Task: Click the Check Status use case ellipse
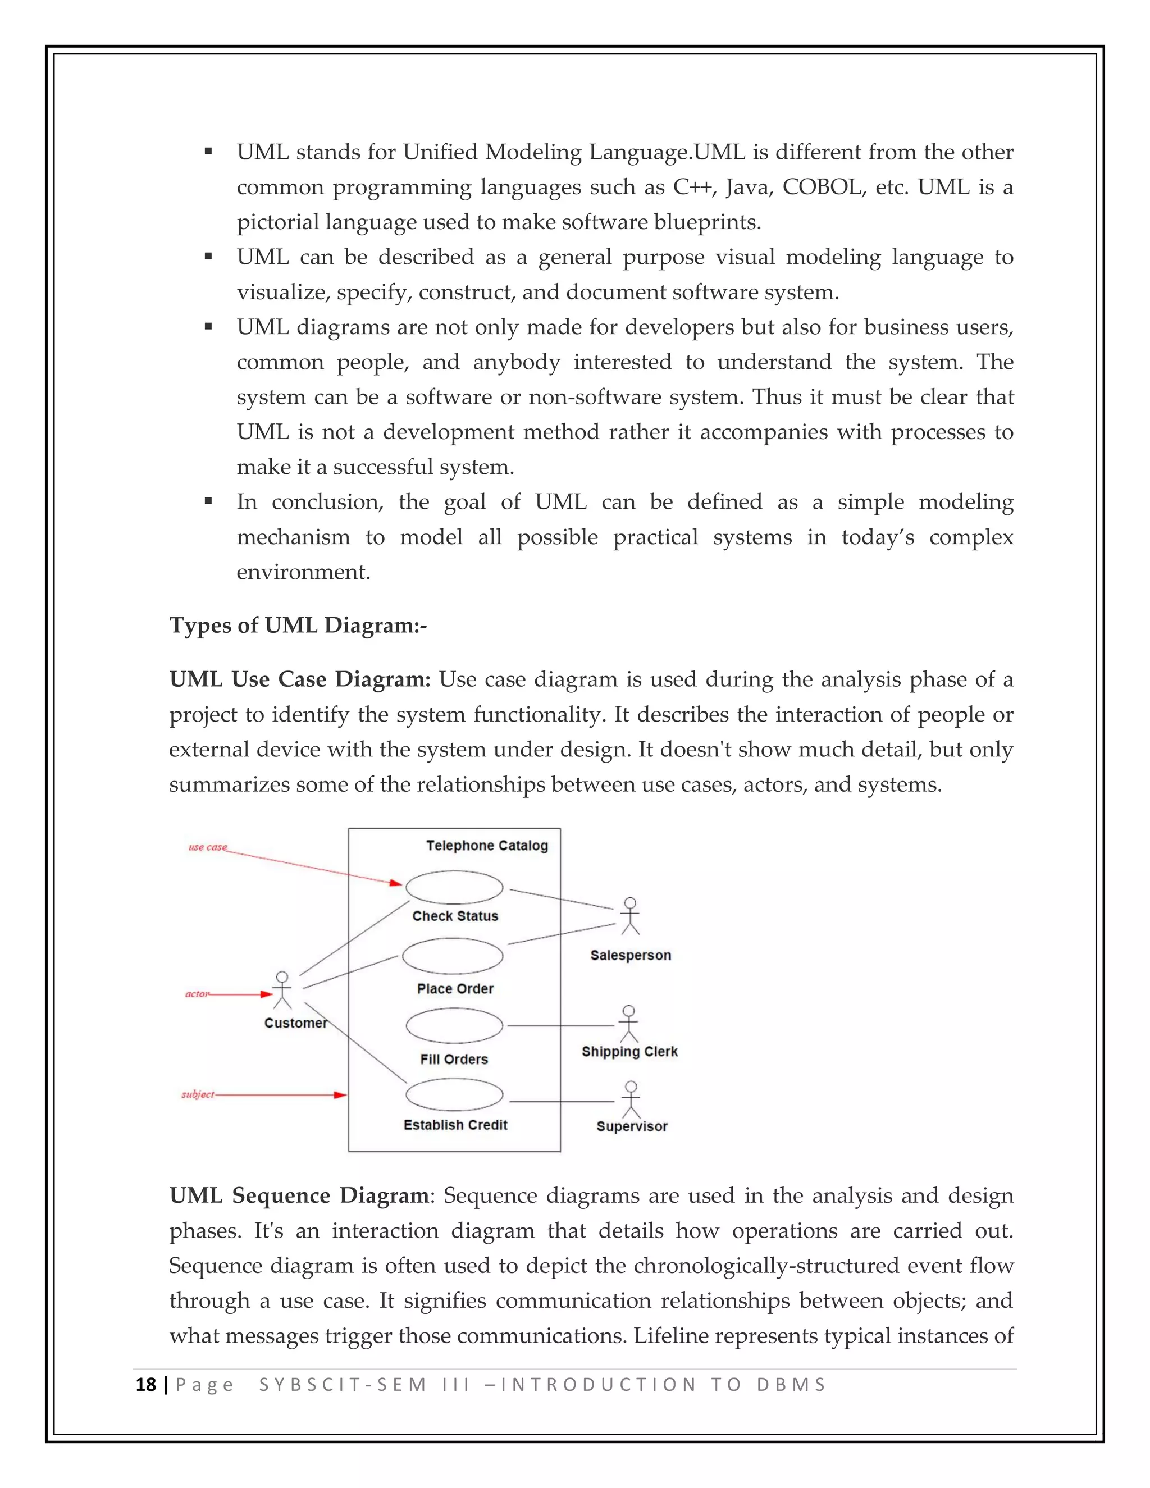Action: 454,887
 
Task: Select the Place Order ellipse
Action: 453,956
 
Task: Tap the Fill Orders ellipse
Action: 454,1026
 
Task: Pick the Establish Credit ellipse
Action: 454,1095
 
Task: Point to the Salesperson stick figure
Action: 630,916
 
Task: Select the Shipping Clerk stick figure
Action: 629,1024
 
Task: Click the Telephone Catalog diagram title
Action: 486,846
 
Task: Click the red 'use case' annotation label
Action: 207,847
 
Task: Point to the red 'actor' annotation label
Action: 197,994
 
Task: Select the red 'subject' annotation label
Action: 198,1094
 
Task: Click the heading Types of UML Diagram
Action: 298,626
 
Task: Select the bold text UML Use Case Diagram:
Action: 300,679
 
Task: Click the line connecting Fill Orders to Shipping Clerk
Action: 560,1025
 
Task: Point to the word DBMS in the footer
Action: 791,1385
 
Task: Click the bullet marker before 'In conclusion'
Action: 208,501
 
